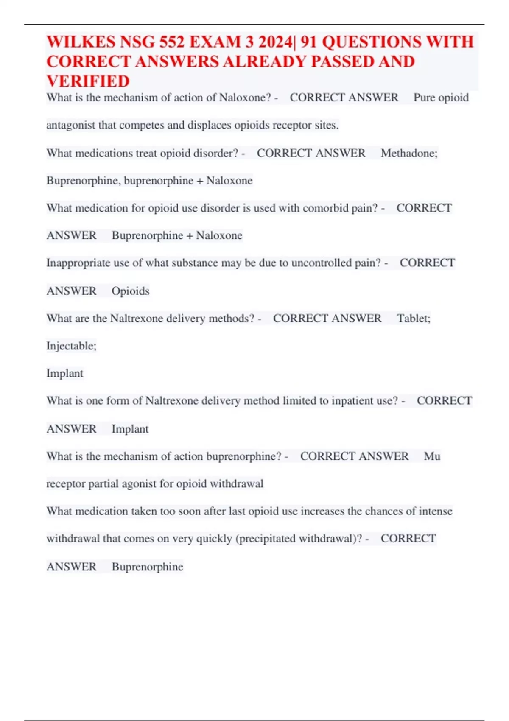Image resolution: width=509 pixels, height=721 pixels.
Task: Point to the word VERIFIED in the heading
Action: pos(88,81)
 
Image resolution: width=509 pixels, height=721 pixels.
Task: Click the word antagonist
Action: pos(70,125)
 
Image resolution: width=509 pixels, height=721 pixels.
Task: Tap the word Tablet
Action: pos(412,319)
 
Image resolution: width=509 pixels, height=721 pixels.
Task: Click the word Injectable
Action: pos(71,346)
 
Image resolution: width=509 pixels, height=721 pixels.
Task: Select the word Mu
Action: pos(432,456)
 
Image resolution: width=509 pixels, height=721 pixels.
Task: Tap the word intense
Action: pos(435,511)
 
